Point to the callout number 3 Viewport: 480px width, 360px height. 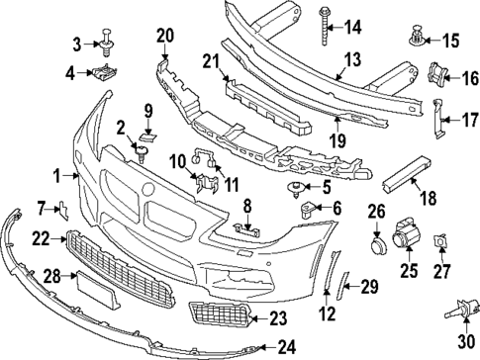(x=77, y=42)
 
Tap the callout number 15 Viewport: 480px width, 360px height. (x=452, y=41)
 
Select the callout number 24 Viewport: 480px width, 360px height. (x=287, y=346)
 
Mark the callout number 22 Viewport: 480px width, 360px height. (x=40, y=238)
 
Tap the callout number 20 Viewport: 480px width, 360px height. (x=164, y=37)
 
